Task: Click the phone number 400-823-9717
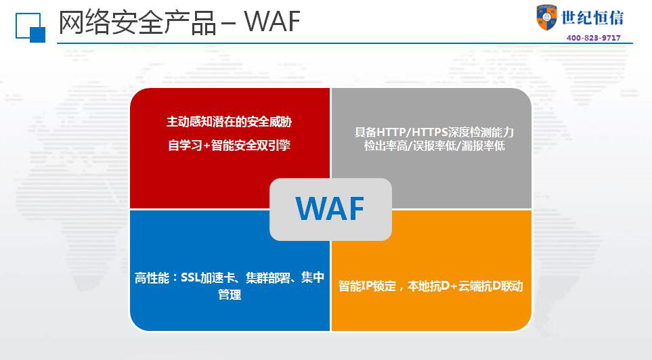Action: (x=593, y=38)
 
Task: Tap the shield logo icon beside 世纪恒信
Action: (x=546, y=18)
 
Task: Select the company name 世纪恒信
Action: (x=592, y=18)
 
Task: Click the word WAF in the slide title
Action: (x=272, y=21)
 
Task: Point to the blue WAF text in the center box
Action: (x=330, y=208)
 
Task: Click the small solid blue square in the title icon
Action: (x=37, y=35)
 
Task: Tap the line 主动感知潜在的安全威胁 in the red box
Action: (x=229, y=122)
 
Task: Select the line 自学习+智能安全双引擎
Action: (x=229, y=145)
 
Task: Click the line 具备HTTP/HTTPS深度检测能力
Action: (x=434, y=132)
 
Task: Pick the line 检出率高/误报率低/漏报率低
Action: (x=434, y=145)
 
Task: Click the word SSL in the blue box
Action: (x=190, y=277)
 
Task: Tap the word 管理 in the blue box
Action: (x=230, y=294)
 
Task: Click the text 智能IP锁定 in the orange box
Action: (x=367, y=286)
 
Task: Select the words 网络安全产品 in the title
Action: (x=137, y=22)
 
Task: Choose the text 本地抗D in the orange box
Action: (x=429, y=286)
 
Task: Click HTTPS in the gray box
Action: (x=429, y=132)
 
